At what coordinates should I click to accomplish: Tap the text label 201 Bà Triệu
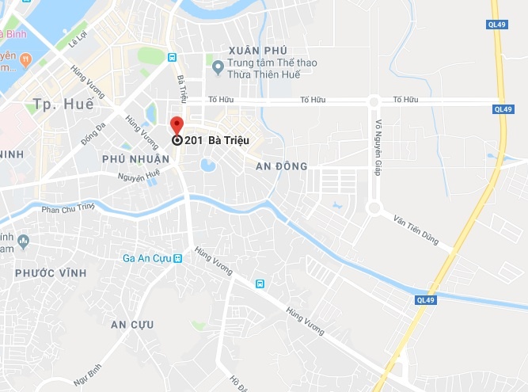click(x=213, y=140)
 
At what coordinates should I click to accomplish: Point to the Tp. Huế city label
click(x=63, y=104)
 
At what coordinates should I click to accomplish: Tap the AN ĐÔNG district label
click(x=281, y=166)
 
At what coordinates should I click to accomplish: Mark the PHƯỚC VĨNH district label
click(x=51, y=272)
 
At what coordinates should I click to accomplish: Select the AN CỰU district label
click(x=132, y=325)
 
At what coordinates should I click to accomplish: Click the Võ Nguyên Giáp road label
click(x=379, y=148)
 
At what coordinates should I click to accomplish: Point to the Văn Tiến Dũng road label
click(x=416, y=228)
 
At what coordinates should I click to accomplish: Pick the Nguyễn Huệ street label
click(x=139, y=176)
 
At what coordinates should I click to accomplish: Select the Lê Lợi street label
click(x=78, y=40)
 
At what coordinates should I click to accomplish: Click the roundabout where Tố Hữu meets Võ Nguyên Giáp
click(x=374, y=101)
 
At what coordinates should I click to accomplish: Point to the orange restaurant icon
click(x=25, y=58)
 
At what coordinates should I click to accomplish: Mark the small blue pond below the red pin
click(x=208, y=166)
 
